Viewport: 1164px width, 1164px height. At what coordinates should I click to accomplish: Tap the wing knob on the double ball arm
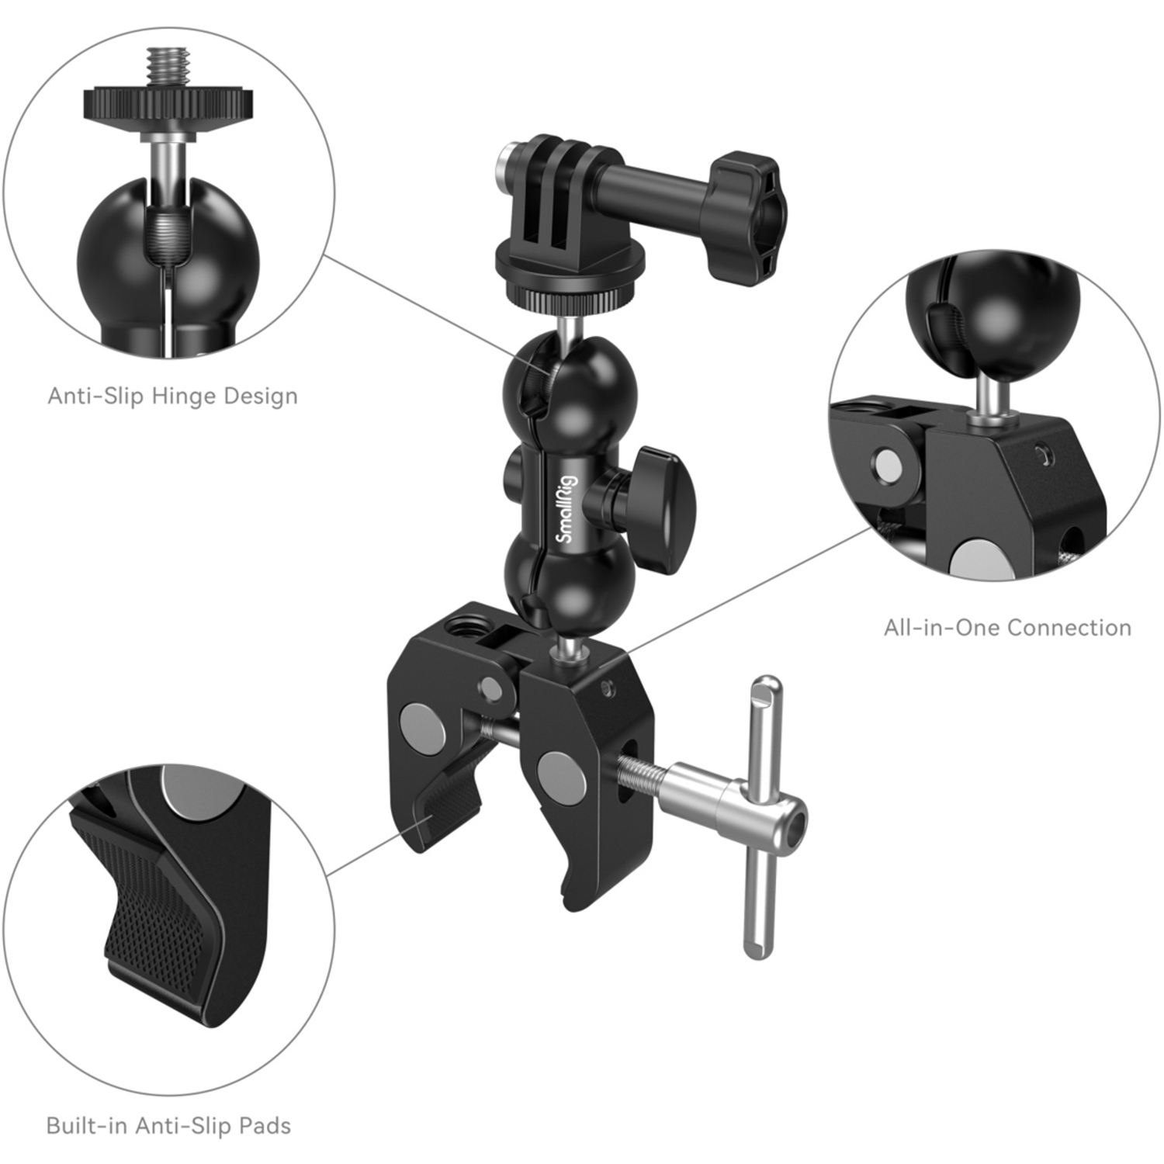pos(656,508)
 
